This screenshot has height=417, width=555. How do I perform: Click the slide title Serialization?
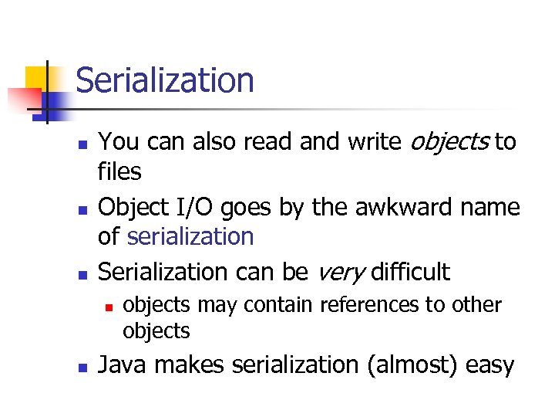(x=164, y=80)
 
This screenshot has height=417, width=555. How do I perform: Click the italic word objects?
(x=450, y=142)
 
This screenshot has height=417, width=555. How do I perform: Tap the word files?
(x=119, y=171)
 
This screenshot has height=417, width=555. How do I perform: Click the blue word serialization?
(x=190, y=236)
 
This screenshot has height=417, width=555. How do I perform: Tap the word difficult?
(x=410, y=271)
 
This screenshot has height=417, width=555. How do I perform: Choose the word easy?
(x=489, y=364)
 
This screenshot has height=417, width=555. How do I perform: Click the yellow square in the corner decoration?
(x=35, y=77)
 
